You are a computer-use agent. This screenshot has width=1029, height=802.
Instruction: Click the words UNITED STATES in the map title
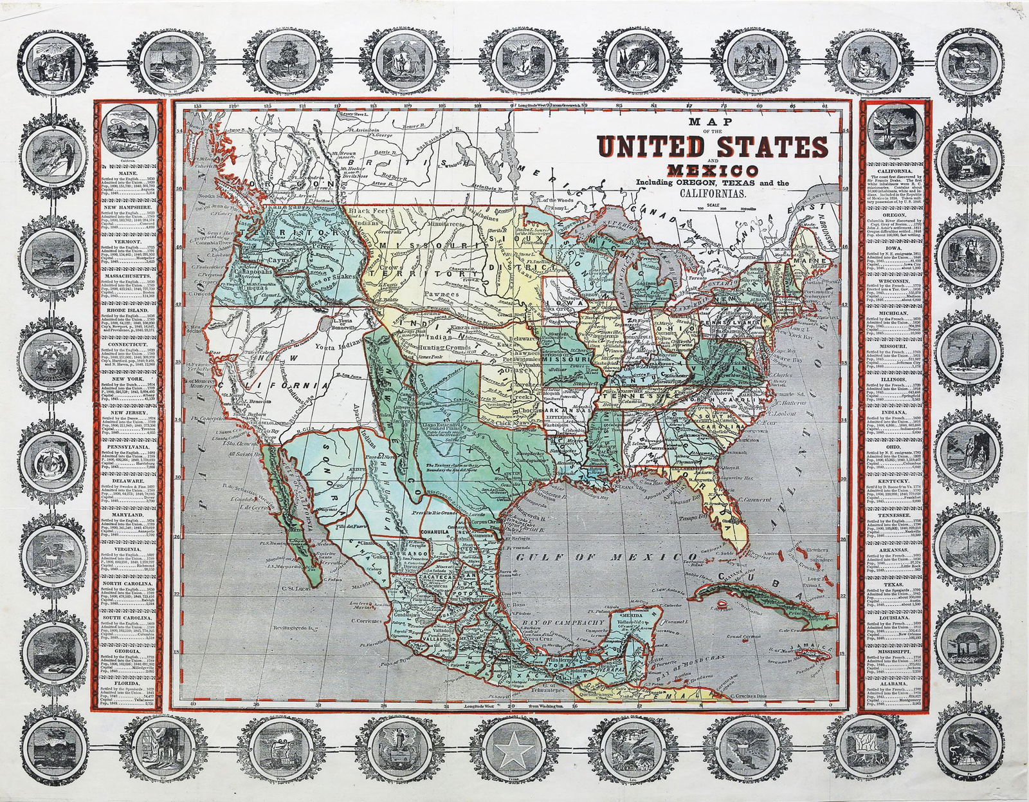[x=713, y=148]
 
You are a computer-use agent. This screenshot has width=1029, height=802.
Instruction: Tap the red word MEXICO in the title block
[x=713, y=172]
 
